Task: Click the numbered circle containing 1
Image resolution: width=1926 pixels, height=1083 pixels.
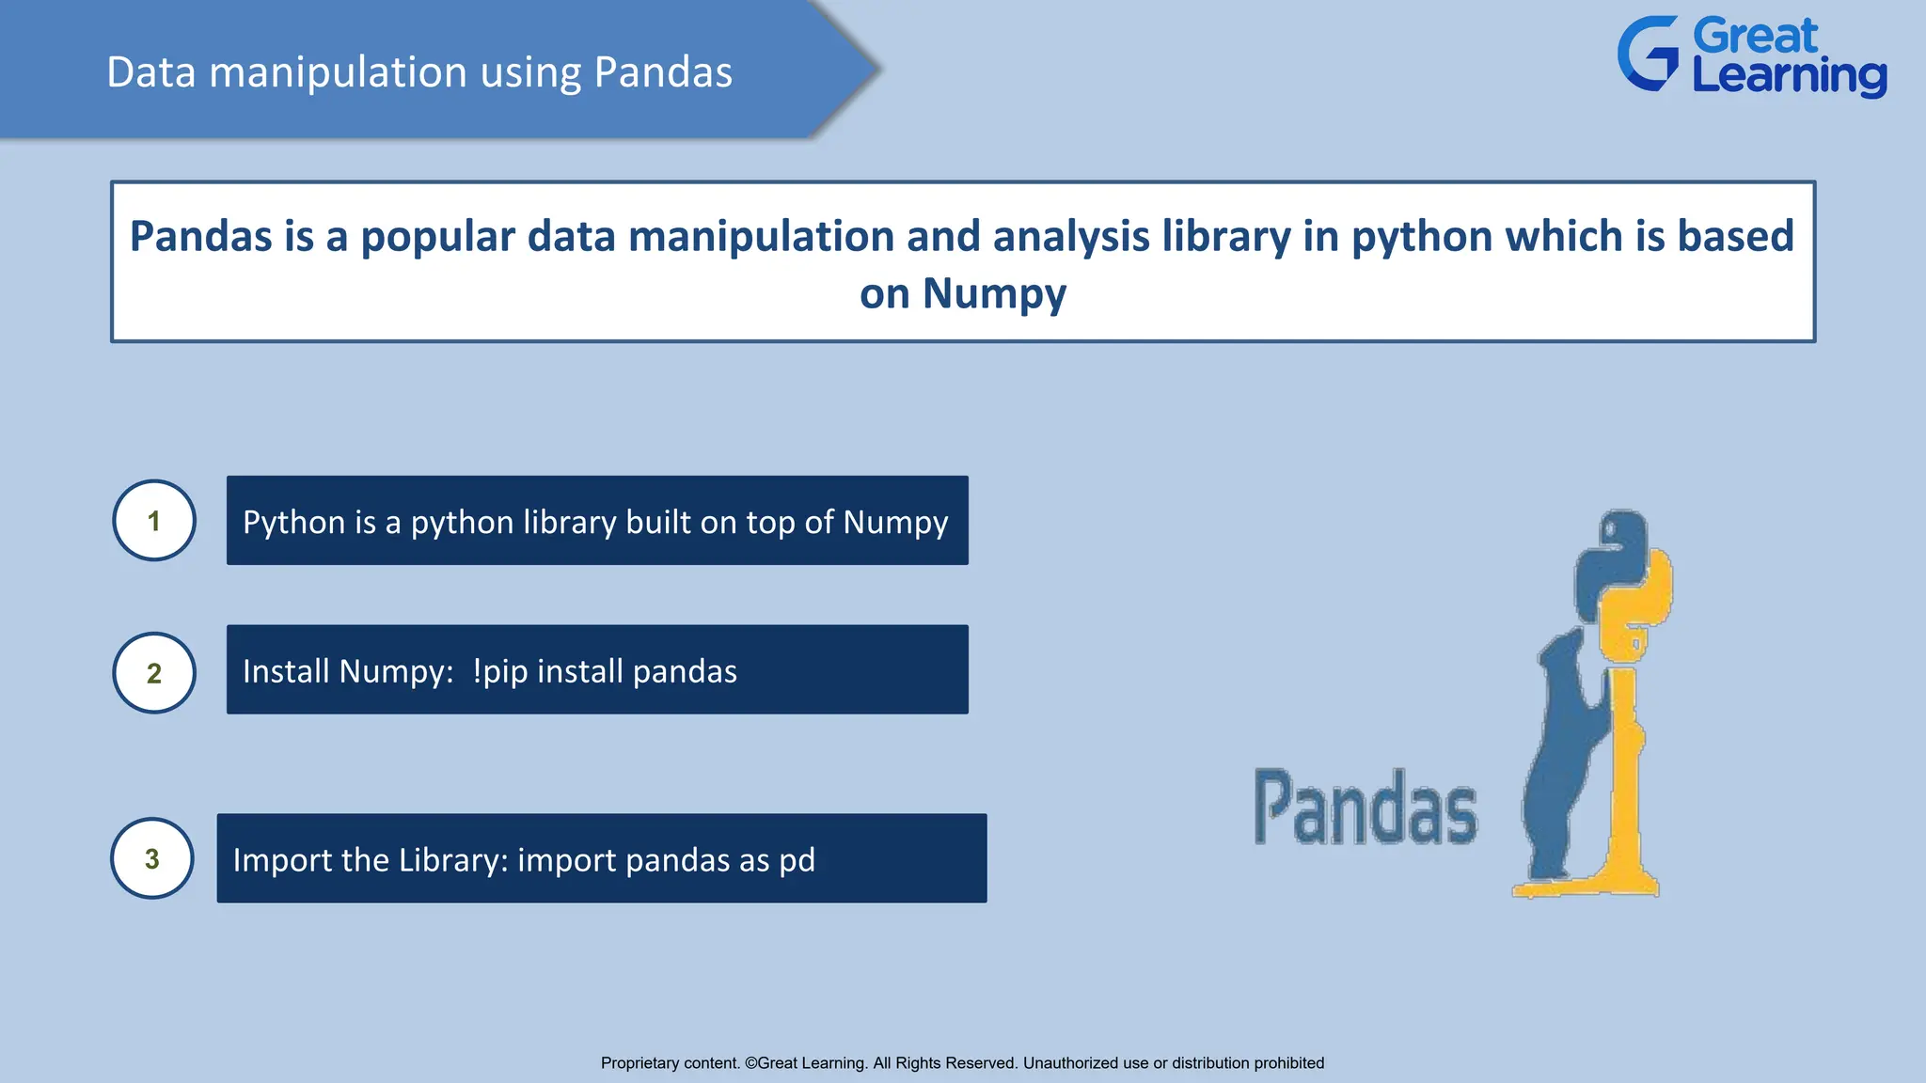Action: [x=154, y=521]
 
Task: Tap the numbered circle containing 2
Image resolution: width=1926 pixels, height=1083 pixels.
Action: [x=154, y=673]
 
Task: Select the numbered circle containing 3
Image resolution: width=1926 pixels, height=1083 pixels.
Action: [x=152, y=858]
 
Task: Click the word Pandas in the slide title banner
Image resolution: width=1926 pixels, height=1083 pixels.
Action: [x=663, y=72]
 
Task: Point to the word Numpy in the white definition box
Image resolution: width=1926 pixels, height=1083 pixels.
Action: [x=994, y=293]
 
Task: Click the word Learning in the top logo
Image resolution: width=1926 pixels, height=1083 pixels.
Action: [x=1789, y=75]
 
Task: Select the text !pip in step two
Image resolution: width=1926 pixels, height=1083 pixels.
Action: [x=500, y=672]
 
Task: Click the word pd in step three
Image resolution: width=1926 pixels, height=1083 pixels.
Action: [x=797, y=860]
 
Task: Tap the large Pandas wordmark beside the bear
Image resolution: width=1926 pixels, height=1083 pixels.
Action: [x=1366, y=808]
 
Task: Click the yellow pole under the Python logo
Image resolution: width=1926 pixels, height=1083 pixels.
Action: [x=1624, y=771]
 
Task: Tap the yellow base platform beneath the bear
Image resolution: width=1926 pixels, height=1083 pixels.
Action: [x=1589, y=886]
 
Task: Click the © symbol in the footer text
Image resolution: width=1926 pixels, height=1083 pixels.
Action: [x=750, y=1063]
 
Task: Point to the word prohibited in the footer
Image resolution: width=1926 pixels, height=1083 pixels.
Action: [x=1287, y=1063]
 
